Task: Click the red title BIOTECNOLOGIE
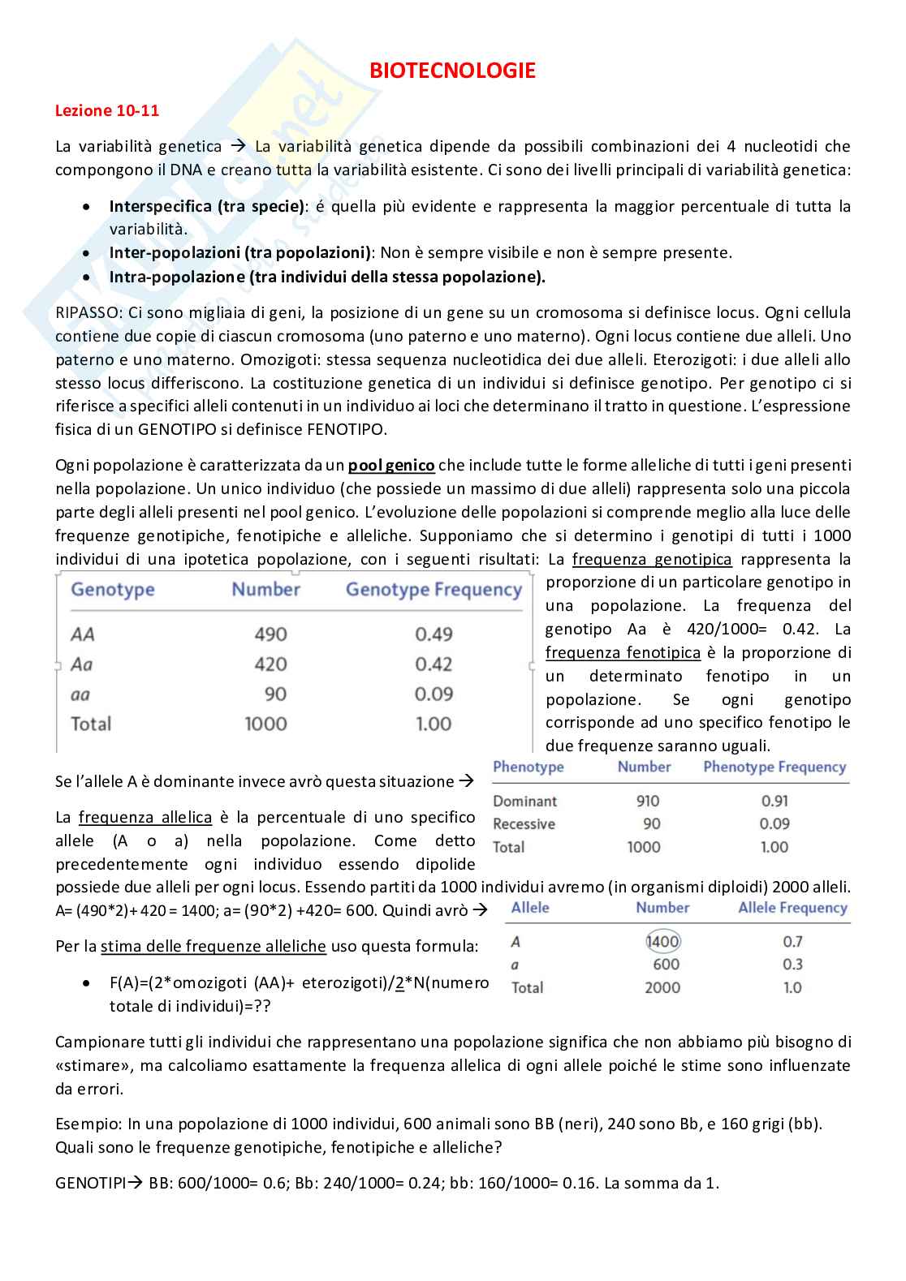[452, 71]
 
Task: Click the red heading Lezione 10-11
[107, 111]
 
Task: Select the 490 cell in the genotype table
[270, 634]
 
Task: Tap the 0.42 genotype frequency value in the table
[434, 664]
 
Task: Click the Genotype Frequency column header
[434, 590]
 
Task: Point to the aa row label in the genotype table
[80, 694]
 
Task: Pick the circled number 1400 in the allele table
[662, 941]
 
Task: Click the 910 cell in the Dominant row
[648, 801]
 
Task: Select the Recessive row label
[524, 824]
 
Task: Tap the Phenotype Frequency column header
[774, 767]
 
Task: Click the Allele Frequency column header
[792, 908]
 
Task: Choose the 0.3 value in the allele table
[792, 965]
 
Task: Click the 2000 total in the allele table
[662, 987]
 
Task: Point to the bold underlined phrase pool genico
[391, 466]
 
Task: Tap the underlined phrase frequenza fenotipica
[623, 653]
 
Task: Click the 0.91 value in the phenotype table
[774, 801]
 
